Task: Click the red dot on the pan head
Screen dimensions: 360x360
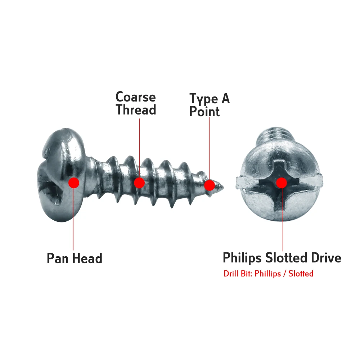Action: pyautogui.click(x=74, y=183)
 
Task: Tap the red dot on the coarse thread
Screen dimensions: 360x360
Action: pyautogui.click(x=139, y=183)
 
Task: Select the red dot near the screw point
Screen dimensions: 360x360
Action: pyautogui.click(x=209, y=185)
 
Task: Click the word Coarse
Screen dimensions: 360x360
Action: pyautogui.click(x=135, y=97)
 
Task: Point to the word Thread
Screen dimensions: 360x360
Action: pyautogui.click(x=136, y=110)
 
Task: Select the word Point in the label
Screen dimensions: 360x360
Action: pyautogui.click(x=204, y=112)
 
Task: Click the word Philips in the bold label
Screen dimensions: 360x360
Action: pyautogui.click(x=242, y=258)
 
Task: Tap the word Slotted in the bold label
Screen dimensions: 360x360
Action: pyautogui.click(x=285, y=258)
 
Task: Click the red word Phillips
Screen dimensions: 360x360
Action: pyautogui.click(x=267, y=274)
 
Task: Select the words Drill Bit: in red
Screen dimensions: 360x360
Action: pyautogui.click(x=238, y=274)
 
